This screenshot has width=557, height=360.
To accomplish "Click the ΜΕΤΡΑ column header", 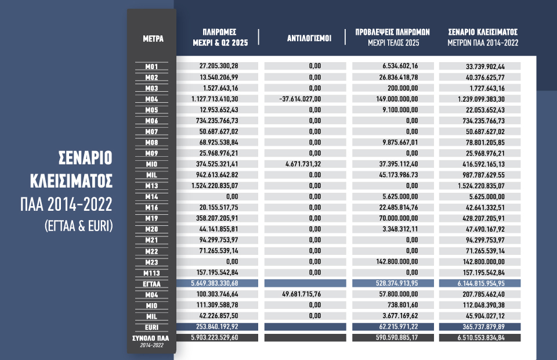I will coord(153,39).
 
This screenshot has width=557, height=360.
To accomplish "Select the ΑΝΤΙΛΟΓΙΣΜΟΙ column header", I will coord(309,39).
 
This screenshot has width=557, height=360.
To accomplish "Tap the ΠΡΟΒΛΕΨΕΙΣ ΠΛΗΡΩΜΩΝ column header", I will coord(392,37).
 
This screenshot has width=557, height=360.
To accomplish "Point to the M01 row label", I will coord(152,67).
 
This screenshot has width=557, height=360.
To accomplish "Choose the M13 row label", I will coord(152,186).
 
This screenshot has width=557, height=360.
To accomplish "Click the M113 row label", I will coord(152,273).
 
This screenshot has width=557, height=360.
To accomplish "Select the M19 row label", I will coord(152,218).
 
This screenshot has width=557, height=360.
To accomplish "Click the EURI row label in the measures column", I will coord(152,327).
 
